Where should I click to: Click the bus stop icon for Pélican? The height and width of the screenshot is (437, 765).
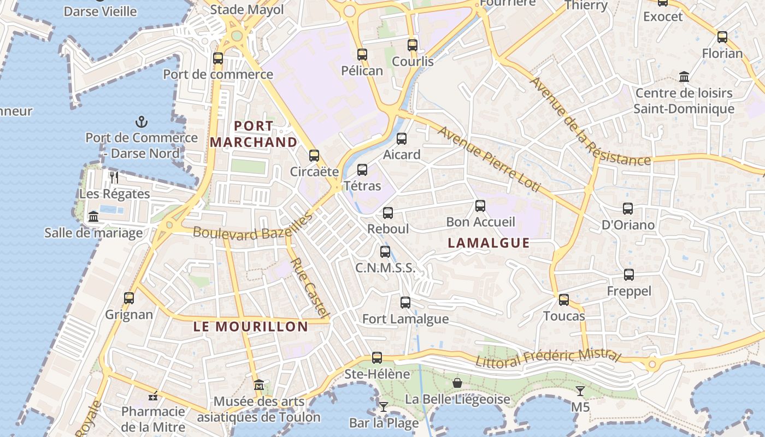(362, 54)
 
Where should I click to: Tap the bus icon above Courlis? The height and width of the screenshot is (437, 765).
(413, 45)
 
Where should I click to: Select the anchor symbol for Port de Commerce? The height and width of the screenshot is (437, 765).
(142, 121)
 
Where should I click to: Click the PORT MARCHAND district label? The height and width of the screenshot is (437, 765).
(254, 134)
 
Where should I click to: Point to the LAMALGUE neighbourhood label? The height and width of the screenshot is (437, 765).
(489, 243)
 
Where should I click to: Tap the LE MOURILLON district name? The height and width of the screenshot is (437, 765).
(251, 327)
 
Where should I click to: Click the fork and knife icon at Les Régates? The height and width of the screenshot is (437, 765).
(114, 177)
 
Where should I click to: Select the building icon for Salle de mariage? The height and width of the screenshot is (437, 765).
(93, 216)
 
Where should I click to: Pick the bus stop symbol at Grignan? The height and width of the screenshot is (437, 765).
(129, 298)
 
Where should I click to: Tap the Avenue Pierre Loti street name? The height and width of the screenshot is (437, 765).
(489, 159)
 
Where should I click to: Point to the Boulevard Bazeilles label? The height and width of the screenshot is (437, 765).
(252, 226)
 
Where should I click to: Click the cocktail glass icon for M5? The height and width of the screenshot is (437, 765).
(580, 391)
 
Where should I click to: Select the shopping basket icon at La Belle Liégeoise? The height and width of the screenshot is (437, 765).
(457, 383)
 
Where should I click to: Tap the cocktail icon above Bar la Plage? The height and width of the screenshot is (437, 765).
(384, 406)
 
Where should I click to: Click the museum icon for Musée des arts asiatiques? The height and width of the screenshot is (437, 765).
(259, 386)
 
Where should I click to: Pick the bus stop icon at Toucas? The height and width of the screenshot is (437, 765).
(564, 299)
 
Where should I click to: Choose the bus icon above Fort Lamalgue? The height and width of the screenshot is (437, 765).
(405, 302)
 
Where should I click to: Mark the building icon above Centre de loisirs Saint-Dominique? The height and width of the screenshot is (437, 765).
(684, 76)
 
